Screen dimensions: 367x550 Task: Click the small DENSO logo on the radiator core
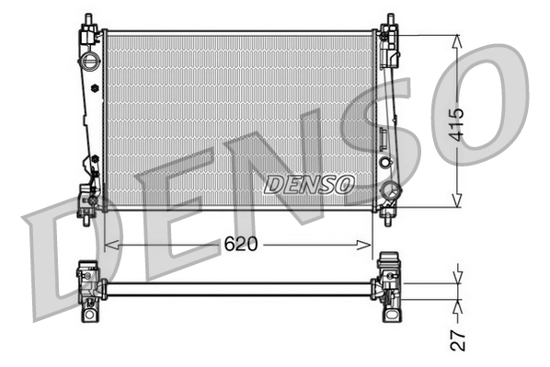tap(309, 185)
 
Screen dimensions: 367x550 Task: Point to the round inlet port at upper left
tap(89, 63)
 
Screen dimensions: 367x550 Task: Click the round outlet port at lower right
tap(391, 192)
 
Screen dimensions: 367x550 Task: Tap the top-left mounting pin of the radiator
tap(87, 21)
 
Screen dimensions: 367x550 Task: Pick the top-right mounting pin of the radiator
tap(390, 21)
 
